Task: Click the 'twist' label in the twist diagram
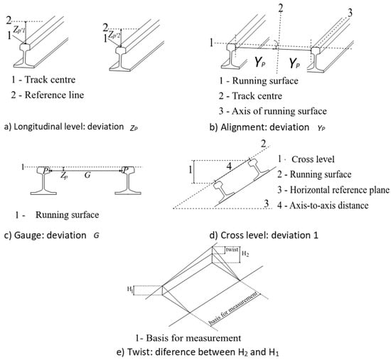(x=232, y=250)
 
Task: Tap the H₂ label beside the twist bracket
(x=245, y=254)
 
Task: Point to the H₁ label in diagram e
(x=130, y=290)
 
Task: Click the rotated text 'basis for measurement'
(x=233, y=309)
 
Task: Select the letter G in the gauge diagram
(x=87, y=175)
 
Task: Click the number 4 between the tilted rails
(x=229, y=166)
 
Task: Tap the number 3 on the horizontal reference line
(x=267, y=203)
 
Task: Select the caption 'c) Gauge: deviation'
(x=45, y=235)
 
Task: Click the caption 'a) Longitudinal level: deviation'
(x=64, y=127)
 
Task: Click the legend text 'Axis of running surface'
(x=279, y=111)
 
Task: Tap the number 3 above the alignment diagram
(x=350, y=13)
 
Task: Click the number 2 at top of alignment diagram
(x=281, y=9)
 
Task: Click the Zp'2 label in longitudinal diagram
(x=115, y=34)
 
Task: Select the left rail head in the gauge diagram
(x=43, y=170)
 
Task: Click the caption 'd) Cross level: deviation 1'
(x=264, y=235)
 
